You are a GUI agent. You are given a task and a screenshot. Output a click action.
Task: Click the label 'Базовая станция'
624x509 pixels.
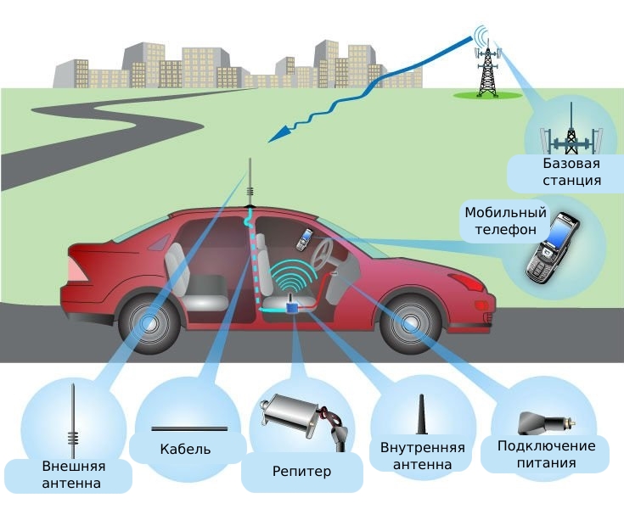[x=571, y=171]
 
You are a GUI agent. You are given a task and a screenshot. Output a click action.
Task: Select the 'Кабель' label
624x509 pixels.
[x=185, y=449]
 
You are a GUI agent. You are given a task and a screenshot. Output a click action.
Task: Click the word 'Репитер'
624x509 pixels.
[x=301, y=471]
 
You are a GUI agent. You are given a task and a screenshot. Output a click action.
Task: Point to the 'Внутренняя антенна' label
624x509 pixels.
[x=422, y=456]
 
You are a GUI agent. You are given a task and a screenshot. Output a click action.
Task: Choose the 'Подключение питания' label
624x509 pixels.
[x=546, y=454]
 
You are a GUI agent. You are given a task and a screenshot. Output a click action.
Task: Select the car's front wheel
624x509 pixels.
[x=410, y=323]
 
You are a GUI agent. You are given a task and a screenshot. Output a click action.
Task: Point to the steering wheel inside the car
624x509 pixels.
[x=323, y=253]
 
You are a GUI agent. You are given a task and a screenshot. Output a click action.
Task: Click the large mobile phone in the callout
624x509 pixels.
[x=551, y=248]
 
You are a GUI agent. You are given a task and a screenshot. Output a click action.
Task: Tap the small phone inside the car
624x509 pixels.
[x=302, y=239]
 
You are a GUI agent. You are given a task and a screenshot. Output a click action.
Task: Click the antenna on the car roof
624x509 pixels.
[x=250, y=182]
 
